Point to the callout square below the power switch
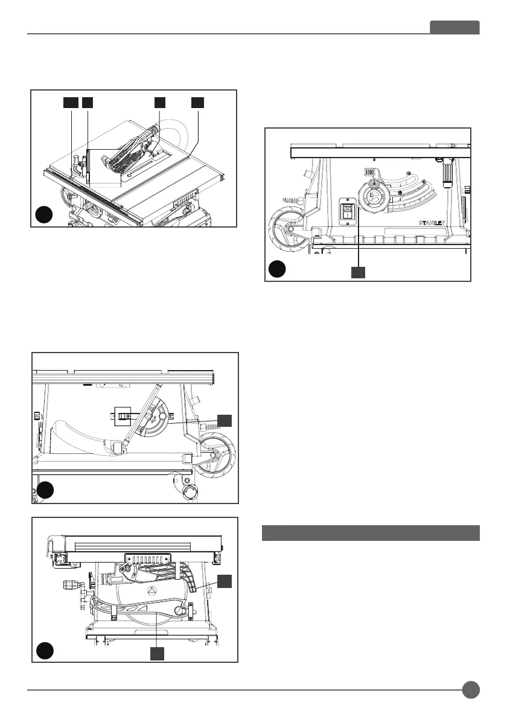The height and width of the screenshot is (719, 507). click(359, 273)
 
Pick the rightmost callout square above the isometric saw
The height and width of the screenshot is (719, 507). click(197, 102)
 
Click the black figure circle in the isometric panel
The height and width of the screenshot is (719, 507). click(44, 215)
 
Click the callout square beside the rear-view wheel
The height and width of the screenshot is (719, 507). click(225, 420)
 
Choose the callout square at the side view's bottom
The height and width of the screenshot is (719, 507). click(157, 653)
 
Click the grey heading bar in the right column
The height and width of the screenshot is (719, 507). click(371, 533)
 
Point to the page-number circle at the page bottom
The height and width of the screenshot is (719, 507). click(471, 689)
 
